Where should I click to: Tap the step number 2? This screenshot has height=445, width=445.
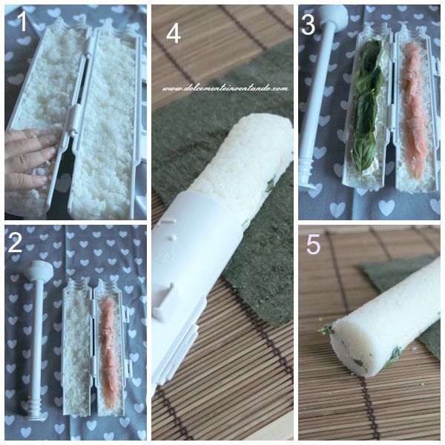pyautogui.click(x=15, y=243)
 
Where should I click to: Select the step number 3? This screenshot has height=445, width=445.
pyautogui.click(x=308, y=24)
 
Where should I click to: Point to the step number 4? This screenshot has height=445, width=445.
pyautogui.click(x=174, y=34)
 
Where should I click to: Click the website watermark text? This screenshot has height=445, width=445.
pyautogui.click(x=225, y=88)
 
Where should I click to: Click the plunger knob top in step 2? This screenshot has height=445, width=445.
pyautogui.click(x=39, y=269)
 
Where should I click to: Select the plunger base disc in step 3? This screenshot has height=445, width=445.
pyautogui.click(x=310, y=185)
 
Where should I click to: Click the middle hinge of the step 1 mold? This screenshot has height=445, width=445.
pyautogui.click(x=73, y=117)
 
